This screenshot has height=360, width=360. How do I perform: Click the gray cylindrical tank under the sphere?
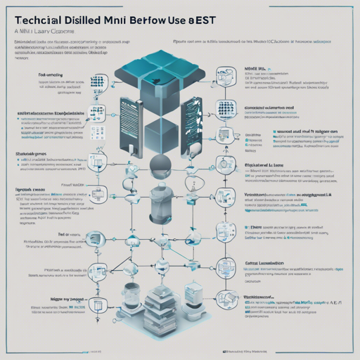[162, 196]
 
